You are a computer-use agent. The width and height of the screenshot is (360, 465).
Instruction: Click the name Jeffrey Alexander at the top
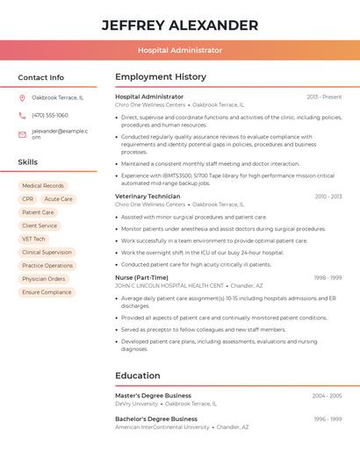[180, 25]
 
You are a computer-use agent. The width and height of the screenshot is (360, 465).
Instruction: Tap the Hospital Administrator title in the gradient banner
[180, 50]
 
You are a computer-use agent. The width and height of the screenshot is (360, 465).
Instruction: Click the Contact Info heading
[41, 77]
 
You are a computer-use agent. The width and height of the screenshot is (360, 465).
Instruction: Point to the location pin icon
[22, 97]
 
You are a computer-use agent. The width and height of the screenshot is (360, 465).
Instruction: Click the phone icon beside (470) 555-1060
[22, 115]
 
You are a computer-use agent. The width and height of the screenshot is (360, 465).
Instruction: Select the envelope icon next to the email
[22, 134]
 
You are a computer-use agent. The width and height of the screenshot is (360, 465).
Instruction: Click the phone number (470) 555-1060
[50, 115]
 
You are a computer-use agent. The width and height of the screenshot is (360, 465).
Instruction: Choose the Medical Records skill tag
[43, 186]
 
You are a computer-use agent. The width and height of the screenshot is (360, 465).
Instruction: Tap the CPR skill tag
[28, 199]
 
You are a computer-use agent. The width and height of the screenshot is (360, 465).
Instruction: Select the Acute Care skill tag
[59, 199]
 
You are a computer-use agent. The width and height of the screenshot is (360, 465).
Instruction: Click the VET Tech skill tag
[34, 239]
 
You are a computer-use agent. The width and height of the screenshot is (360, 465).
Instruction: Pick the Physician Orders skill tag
[44, 279]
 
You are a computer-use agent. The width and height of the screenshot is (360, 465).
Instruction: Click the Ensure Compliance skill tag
[47, 292]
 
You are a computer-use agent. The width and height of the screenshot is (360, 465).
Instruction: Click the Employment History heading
[161, 77]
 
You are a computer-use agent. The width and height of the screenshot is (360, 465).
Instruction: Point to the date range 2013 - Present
[324, 97]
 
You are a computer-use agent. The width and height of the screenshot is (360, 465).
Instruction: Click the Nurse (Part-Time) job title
[141, 277]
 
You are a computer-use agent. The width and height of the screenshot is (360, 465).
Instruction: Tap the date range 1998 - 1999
[328, 277]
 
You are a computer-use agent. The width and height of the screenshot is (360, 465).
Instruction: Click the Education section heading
[138, 376]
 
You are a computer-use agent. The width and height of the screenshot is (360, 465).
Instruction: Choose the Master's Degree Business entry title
[153, 396]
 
